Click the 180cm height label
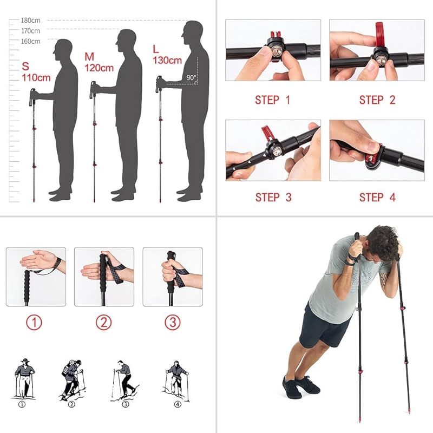[31, 21]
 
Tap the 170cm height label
[31, 31]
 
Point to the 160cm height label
[31, 42]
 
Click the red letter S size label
[25, 67]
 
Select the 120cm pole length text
[99, 68]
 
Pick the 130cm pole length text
[167, 60]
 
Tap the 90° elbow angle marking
[191, 77]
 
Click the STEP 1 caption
[273, 100]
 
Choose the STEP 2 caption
[377, 100]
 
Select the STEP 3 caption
[273, 198]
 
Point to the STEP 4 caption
[377, 198]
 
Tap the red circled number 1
[34, 322]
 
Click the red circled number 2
[103, 322]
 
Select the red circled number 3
[173, 322]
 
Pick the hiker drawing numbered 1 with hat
[24, 378]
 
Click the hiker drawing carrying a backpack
[73, 380]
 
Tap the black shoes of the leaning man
[301, 386]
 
